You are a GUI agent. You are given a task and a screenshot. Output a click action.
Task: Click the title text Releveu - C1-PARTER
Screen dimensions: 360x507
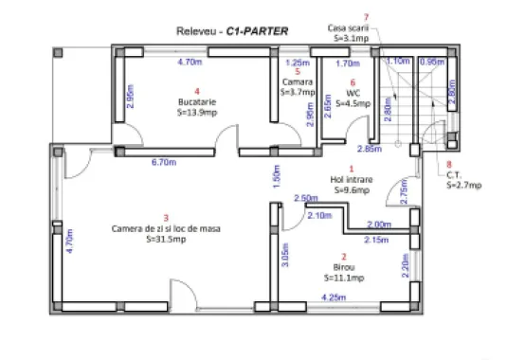click(x=232, y=30)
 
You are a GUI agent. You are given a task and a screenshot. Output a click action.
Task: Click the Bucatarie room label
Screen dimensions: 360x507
click(x=197, y=101)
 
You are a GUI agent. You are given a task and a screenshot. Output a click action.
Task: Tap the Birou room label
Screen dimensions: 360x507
click(x=343, y=267)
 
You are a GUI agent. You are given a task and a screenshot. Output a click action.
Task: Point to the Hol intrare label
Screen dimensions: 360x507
click(x=351, y=178)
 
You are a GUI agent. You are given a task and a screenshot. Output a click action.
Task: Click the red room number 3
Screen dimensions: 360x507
click(x=166, y=218)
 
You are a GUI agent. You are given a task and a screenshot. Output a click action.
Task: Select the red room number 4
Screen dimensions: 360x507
click(x=197, y=91)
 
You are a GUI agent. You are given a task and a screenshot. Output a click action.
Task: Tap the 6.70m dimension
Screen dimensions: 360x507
click(x=164, y=162)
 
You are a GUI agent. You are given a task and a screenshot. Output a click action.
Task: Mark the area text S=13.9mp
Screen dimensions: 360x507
click(x=197, y=112)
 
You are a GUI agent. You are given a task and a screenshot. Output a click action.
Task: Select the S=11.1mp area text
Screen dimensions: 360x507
click(x=343, y=279)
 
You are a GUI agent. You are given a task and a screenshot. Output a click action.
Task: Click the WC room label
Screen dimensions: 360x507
click(x=352, y=93)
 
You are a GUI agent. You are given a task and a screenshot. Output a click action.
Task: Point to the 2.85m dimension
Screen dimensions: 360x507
click(x=369, y=149)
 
